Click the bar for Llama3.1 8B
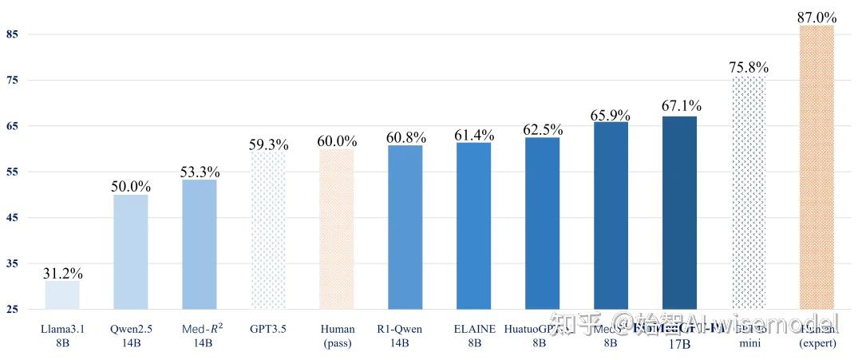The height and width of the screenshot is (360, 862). point(62,295)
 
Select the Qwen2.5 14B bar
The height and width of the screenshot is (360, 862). point(130,251)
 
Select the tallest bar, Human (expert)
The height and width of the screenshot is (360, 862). point(817,167)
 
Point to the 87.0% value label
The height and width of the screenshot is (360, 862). point(817,17)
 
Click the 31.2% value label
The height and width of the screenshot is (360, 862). point(62,273)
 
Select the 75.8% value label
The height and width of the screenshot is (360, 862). point(749,67)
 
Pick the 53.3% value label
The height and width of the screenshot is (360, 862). point(200,172)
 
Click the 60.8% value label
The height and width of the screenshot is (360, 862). point(405,137)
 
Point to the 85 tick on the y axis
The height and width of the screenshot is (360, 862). point(12,34)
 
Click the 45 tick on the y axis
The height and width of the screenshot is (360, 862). point(12,218)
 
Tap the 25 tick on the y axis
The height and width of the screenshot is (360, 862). point(12,310)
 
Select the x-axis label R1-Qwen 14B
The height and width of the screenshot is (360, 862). point(405,335)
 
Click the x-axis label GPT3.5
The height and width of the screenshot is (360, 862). point(268,329)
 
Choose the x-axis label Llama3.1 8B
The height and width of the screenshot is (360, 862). point(62,335)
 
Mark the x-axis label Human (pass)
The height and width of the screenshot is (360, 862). point(337,335)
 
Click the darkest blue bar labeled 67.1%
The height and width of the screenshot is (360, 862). point(679,212)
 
